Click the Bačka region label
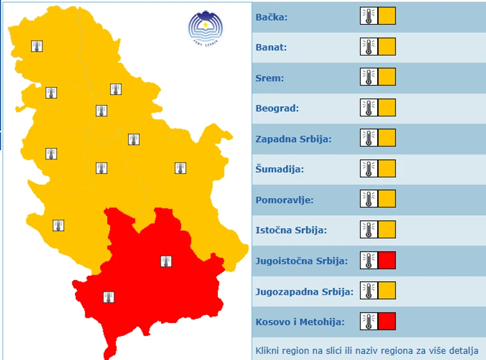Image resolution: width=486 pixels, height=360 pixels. (271, 17)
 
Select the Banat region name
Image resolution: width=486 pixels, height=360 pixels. (271, 47)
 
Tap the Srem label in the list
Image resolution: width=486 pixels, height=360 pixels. (269, 78)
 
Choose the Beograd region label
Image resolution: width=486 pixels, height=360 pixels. (277, 108)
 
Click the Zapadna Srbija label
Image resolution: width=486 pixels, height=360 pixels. (293, 139)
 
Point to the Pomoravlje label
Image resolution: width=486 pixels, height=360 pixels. (284, 200)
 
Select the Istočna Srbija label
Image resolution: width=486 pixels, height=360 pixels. (291, 231)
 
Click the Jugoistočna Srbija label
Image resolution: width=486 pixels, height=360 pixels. (301, 261)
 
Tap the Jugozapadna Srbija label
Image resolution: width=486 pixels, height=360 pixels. (304, 292)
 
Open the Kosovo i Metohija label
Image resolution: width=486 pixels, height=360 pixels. (300, 322)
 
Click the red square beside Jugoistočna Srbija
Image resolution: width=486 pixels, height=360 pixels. (387, 260)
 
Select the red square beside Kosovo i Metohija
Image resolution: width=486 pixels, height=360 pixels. (387, 321)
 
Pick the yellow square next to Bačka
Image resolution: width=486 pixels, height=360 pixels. (387, 16)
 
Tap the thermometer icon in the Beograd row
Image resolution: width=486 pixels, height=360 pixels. (368, 108)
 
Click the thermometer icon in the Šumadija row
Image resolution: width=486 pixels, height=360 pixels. (368, 169)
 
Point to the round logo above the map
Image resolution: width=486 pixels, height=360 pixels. (205, 26)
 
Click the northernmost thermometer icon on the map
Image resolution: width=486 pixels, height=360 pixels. (37, 46)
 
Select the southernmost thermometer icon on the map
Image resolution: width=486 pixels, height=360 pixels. (108, 297)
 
